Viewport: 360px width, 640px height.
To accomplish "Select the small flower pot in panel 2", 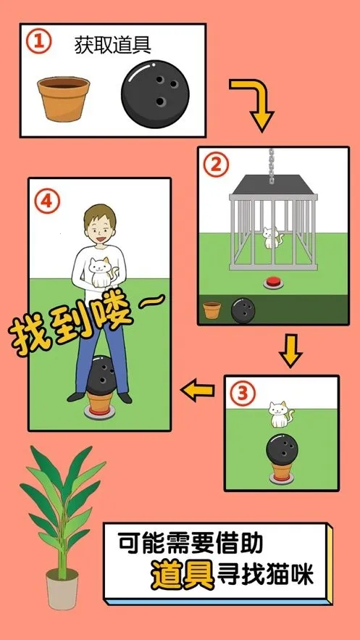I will (212, 310).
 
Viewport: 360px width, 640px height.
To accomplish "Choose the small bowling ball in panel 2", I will (242, 311).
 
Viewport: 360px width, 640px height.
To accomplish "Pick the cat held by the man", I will (99, 272).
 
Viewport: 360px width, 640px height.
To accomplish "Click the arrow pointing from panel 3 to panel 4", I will (198, 391).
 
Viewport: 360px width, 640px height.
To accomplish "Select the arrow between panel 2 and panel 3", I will (290, 351).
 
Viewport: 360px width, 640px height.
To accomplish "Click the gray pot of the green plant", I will (63, 589).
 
